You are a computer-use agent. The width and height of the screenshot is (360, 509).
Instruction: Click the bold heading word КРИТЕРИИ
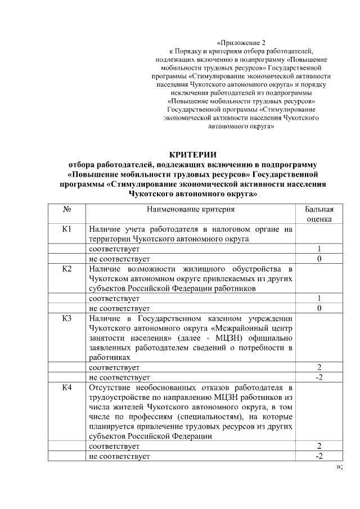(x=193, y=155)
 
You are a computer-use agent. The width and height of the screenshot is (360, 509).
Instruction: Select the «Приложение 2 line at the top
(x=241, y=43)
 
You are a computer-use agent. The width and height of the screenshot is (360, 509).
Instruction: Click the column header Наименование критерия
(x=191, y=209)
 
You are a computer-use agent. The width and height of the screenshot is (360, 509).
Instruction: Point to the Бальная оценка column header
(x=319, y=214)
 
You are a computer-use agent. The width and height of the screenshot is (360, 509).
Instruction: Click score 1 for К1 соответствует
(x=319, y=249)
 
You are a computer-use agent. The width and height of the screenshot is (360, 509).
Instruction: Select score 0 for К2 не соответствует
(x=319, y=308)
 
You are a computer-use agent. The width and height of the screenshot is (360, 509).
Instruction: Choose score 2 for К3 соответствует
(x=319, y=367)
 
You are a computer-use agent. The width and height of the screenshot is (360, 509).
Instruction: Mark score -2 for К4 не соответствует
(x=319, y=456)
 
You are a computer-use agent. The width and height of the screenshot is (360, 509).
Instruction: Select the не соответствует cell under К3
(x=119, y=377)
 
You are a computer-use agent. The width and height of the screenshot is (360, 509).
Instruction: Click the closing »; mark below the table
(x=339, y=467)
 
